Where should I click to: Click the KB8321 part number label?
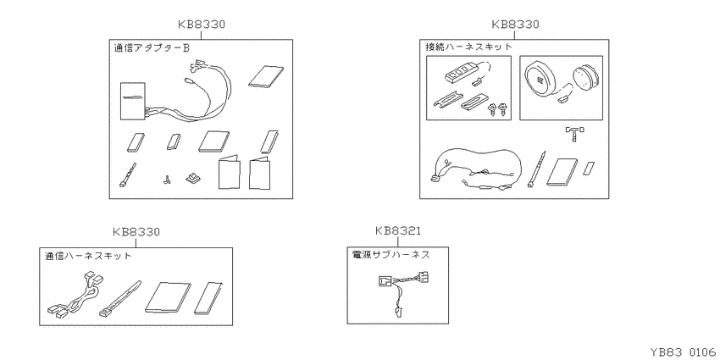(397, 230)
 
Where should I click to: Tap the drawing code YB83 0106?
(683, 352)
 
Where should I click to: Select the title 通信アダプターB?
(152, 47)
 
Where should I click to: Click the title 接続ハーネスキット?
(468, 47)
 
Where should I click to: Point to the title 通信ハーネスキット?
(88, 256)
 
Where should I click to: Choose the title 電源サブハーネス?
(390, 255)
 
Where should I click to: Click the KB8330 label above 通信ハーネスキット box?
(136, 232)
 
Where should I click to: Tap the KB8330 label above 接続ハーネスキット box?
(515, 25)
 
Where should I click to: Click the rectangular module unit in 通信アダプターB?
(133, 100)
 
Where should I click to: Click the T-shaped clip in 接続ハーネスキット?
(574, 134)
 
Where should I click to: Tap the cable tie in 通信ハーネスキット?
(119, 299)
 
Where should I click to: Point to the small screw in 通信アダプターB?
(165, 180)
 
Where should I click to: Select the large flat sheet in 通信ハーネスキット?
(168, 297)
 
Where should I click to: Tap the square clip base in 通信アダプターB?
(192, 178)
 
